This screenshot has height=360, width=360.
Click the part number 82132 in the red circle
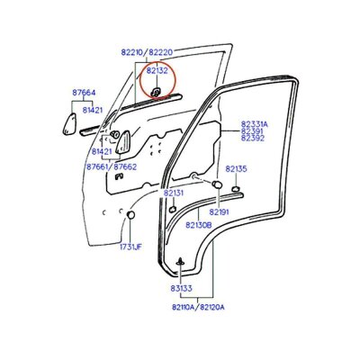click(x=157, y=71)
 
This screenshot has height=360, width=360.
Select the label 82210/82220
click(x=147, y=52)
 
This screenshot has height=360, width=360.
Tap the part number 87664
click(x=84, y=93)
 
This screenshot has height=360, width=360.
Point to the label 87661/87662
click(x=112, y=166)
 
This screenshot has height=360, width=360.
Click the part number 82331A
click(x=255, y=124)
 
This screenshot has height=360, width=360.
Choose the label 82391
click(x=252, y=131)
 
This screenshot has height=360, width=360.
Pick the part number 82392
click(x=253, y=138)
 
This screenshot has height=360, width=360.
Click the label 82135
click(x=237, y=169)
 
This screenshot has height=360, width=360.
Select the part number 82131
click(x=174, y=193)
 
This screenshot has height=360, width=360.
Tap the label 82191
click(x=219, y=212)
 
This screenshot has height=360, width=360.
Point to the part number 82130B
click(x=199, y=225)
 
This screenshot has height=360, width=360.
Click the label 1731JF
click(x=130, y=247)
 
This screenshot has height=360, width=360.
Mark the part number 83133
click(x=182, y=289)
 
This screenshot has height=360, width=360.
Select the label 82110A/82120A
click(x=198, y=307)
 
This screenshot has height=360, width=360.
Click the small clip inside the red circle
click(x=157, y=92)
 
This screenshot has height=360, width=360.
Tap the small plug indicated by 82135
click(x=236, y=189)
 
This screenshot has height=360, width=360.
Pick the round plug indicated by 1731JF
click(x=130, y=215)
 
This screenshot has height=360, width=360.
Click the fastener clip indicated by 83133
click(x=181, y=262)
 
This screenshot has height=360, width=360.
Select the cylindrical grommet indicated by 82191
click(x=216, y=184)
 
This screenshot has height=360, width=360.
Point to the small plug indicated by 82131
click(x=173, y=210)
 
